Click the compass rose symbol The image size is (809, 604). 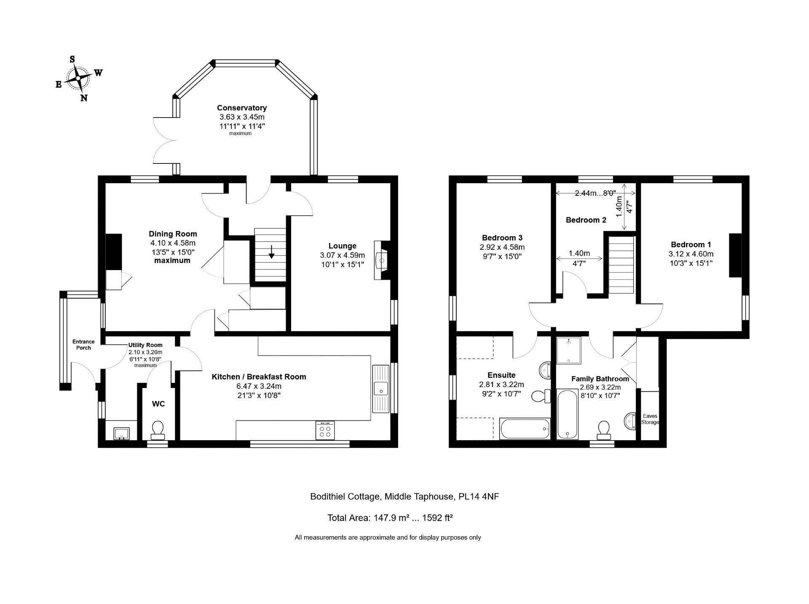[x=78, y=79]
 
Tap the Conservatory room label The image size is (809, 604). [x=242, y=108]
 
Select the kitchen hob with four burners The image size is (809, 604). [x=325, y=430]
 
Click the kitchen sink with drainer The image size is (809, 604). [x=381, y=388]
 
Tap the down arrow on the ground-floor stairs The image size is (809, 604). [x=272, y=251]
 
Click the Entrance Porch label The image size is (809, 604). [x=83, y=345]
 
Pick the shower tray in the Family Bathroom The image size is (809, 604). [x=569, y=350]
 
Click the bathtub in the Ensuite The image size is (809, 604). [x=525, y=429]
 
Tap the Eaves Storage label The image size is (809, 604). [x=650, y=419]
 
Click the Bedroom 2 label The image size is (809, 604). [x=586, y=220]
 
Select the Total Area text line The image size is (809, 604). [x=390, y=518]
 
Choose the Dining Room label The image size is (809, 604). [x=173, y=234]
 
